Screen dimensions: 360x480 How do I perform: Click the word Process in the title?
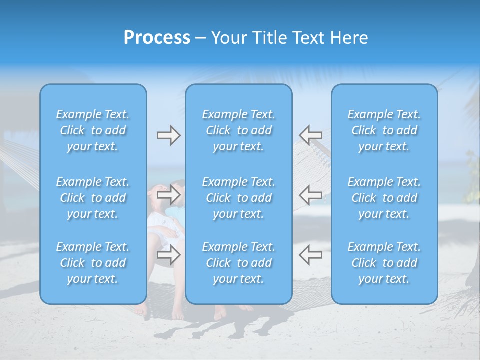click(157, 38)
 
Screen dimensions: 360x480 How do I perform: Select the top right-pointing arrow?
click(168, 135)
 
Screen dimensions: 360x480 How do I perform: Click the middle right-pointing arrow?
click(168, 194)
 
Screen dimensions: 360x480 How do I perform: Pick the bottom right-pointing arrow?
click(168, 255)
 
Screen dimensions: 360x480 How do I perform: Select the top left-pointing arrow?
click(310, 134)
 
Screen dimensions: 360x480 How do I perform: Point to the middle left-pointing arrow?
click(310, 194)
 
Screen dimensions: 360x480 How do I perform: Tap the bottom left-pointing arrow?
click(310, 254)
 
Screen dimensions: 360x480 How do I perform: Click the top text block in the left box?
click(93, 130)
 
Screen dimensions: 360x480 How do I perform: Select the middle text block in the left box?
click(93, 198)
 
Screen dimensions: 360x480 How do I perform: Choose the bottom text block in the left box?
click(93, 263)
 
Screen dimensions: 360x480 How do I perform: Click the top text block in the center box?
click(238, 130)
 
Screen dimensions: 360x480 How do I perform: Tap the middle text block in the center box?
click(238, 198)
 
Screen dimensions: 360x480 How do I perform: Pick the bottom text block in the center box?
click(238, 263)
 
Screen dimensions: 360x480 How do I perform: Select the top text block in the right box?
click(384, 130)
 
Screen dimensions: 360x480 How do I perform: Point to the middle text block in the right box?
click(384, 198)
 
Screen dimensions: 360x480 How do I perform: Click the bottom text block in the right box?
click(384, 263)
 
